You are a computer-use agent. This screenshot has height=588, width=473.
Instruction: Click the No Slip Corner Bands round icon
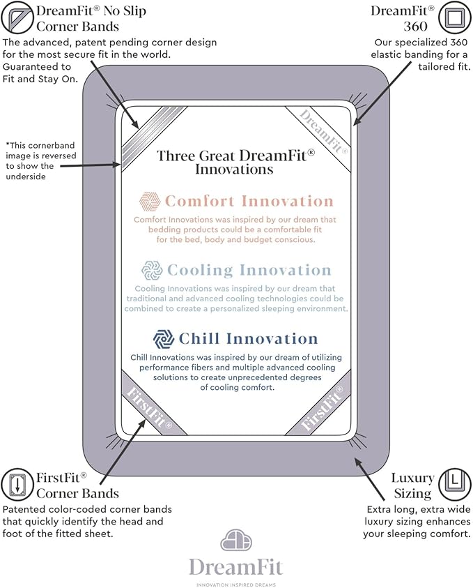[17, 17]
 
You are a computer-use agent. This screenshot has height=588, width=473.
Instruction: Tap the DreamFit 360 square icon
[455, 17]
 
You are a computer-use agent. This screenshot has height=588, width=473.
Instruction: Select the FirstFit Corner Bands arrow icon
[17, 485]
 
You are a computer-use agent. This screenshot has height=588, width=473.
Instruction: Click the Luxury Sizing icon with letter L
[455, 485]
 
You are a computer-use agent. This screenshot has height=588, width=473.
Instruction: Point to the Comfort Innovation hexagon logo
[150, 202]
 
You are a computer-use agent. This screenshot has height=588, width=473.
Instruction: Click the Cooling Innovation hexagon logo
[152, 271]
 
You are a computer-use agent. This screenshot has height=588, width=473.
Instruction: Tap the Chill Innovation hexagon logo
[164, 339]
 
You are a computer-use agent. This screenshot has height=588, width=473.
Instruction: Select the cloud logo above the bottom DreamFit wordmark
[236, 540]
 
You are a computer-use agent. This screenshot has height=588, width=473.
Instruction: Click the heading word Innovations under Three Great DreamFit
[234, 169]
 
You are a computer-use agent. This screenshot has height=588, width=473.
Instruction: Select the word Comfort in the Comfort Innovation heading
[200, 201]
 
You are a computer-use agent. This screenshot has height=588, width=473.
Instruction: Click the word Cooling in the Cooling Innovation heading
[200, 271]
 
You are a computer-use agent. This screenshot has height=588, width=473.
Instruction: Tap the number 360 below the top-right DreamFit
[415, 27]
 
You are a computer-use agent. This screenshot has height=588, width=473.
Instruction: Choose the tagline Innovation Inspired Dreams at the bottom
[236, 585]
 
